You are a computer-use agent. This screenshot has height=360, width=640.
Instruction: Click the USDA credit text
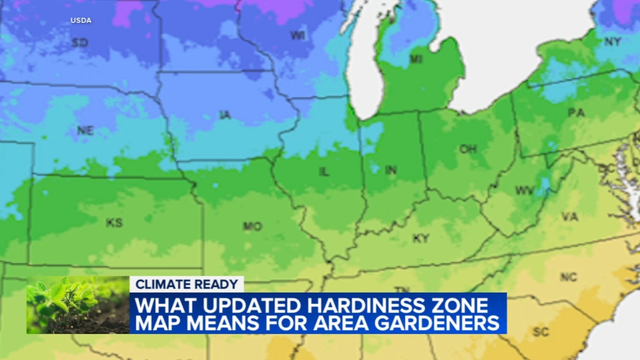[81, 20]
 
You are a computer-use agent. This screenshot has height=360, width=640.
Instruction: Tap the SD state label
[80, 42]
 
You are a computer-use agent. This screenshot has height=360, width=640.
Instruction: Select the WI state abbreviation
[298, 36]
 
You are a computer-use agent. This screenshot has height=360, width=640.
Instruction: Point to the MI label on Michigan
[416, 60]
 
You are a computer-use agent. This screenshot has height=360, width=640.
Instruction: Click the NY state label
[612, 42]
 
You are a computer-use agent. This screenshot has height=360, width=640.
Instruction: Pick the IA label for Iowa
[225, 115]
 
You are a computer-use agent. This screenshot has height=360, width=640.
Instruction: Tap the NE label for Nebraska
[85, 130]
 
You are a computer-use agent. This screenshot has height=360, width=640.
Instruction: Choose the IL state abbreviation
[324, 172]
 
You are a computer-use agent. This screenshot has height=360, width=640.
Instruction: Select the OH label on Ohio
[468, 149]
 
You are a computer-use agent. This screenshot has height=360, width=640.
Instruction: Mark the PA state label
[576, 113]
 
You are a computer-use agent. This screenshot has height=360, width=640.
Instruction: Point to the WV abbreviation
[524, 191]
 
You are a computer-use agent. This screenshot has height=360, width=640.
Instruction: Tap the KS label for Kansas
[114, 223]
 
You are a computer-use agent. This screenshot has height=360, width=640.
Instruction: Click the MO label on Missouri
[252, 227]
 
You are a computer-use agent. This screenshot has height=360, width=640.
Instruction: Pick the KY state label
[421, 239]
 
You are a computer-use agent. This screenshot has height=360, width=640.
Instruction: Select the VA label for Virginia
[570, 217]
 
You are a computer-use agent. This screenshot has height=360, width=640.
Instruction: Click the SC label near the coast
[541, 332]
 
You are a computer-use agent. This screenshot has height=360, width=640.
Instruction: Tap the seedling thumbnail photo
[78, 305]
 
